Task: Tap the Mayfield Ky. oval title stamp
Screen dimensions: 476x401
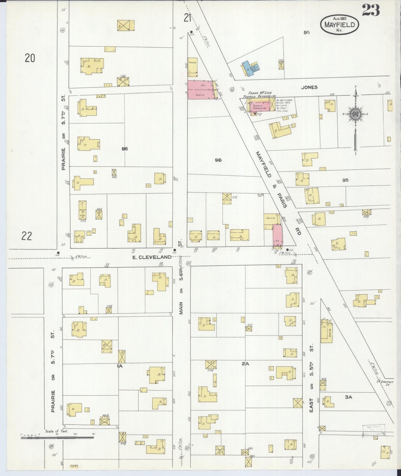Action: pyautogui.click(x=340, y=25)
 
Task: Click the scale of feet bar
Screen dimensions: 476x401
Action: pyautogui.click(x=57, y=438)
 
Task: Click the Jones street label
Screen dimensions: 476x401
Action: pyautogui.click(x=309, y=87)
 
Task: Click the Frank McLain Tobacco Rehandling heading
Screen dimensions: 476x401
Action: pyautogui.click(x=259, y=95)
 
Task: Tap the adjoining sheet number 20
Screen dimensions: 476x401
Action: pyautogui.click(x=30, y=58)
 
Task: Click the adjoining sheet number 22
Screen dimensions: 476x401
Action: pyautogui.click(x=27, y=236)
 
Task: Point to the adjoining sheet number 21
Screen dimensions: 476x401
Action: pyautogui.click(x=188, y=18)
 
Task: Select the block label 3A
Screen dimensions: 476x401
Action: pyautogui.click(x=348, y=397)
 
